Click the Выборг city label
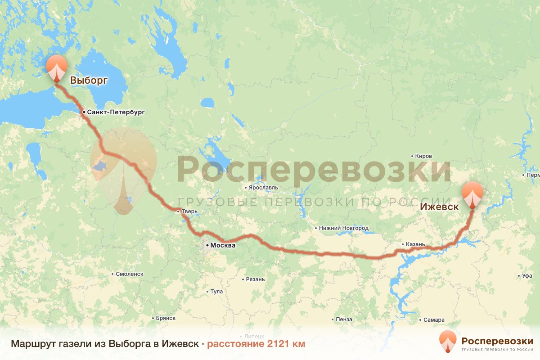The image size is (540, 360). (89, 81)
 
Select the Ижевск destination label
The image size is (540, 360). (439, 207)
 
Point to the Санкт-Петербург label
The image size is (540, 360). (116, 112)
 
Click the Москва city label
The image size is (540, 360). (223, 246)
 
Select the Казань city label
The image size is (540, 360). (415, 244)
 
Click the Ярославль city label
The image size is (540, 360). (263, 187)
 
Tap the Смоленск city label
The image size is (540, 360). (129, 274)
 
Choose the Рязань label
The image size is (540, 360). (255, 279)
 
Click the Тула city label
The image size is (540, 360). (216, 292)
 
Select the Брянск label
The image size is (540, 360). (165, 318)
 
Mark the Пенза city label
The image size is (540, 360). (344, 319)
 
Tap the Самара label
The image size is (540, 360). (434, 320)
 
